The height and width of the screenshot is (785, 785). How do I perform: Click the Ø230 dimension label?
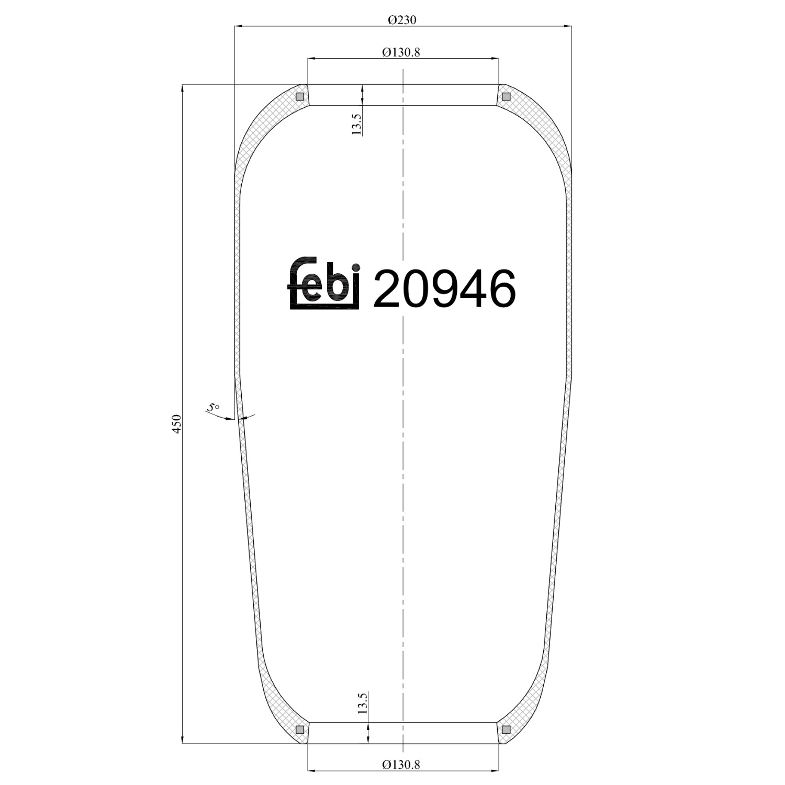click(402, 20)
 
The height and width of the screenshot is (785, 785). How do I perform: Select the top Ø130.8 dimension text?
click(401, 52)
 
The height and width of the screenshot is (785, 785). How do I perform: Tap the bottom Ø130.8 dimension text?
click(401, 765)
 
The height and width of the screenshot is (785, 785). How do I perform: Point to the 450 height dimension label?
click(177, 423)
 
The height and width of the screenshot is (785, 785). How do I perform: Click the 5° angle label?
click(213, 407)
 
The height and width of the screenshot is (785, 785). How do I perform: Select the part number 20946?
click(444, 288)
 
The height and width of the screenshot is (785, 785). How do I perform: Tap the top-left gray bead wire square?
click(300, 96)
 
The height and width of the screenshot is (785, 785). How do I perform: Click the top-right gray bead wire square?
click(506, 96)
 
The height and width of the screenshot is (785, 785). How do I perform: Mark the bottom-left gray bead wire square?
click(300, 730)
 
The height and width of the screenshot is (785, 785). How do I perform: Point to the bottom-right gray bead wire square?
click(506, 730)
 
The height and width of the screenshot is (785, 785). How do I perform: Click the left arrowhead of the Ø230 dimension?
click(239, 26)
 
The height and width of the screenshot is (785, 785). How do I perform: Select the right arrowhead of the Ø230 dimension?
click(567, 26)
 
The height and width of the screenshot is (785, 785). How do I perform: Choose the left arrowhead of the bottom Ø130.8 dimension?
click(312, 770)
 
